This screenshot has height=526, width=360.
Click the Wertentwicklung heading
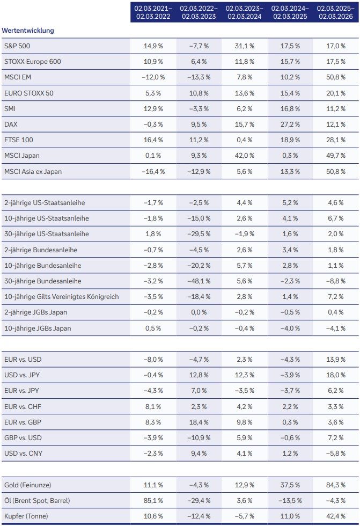point(28,31)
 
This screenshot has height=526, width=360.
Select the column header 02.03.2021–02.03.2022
point(153,12)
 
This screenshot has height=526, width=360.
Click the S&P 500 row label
point(17,46)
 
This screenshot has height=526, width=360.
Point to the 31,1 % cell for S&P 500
point(244,46)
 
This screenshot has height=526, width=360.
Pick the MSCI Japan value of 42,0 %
point(244,156)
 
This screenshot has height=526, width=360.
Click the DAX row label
point(10,125)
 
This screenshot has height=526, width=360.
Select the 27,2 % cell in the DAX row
point(290,125)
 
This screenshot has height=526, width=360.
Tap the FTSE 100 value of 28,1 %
point(335,140)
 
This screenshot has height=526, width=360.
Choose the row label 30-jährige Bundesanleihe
point(42,281)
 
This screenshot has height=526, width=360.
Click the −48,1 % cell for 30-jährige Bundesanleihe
point(199,281)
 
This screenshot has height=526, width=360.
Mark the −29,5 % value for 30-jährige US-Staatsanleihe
point(199,234)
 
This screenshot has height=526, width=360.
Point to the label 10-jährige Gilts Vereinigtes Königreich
point(61,297)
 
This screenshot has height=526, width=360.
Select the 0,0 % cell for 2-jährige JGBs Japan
point(199,312)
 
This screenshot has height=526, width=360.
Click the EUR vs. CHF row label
point(23,406)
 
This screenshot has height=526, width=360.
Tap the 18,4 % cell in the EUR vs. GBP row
point(199,422)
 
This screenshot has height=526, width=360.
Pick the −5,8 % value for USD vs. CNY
point(335,454)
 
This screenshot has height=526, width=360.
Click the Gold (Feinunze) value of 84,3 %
point(335,485)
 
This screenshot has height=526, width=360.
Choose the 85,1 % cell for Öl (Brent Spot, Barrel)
point(153,501)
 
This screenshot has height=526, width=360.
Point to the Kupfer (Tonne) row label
point(25,516)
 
